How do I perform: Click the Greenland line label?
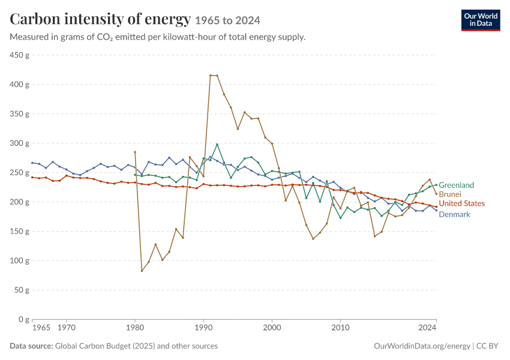pyautogui.click(x=457, y=185)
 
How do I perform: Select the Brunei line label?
pyautogui.click(x=450, y=194)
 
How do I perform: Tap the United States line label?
pyautogui.click(x=462, y=203)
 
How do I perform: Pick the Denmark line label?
pyautogui.click(x=454, y=214)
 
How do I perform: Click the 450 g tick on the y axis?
pyautogui.click(x=19, y=55)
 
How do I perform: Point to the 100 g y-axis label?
pyautogui.click(x=19, y=260)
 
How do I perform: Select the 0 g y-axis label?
pyautogui.click(x=23, y=319)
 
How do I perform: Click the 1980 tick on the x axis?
pyautogui.click(x=135, y=327)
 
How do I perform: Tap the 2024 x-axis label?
pyautogui.click(x=427, y=327)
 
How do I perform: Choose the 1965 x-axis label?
pyautogui.click(x=41, y=327)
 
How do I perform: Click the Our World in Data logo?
pyautogui.click(x=481, y=20)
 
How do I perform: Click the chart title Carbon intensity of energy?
pyautogui.click(x=100, y=19)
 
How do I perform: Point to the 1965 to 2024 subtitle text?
pyautogui.click(x=227, y=21)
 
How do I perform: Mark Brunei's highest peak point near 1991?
pyautogui.click(x=210, y=76)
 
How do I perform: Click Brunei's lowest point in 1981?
pyautogui.click(x=142, y=271)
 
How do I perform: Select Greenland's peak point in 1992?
pyautogui.click(x=217, y=145)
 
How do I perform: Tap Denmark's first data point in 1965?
pyautogui.click(x=32, y=163)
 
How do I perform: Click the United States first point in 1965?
pyautogui.click(x=32, y=177)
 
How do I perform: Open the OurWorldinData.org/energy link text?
pyautogui.click(x=422, y=346)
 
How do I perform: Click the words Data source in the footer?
pyautogui.click(x=31, y=346)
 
